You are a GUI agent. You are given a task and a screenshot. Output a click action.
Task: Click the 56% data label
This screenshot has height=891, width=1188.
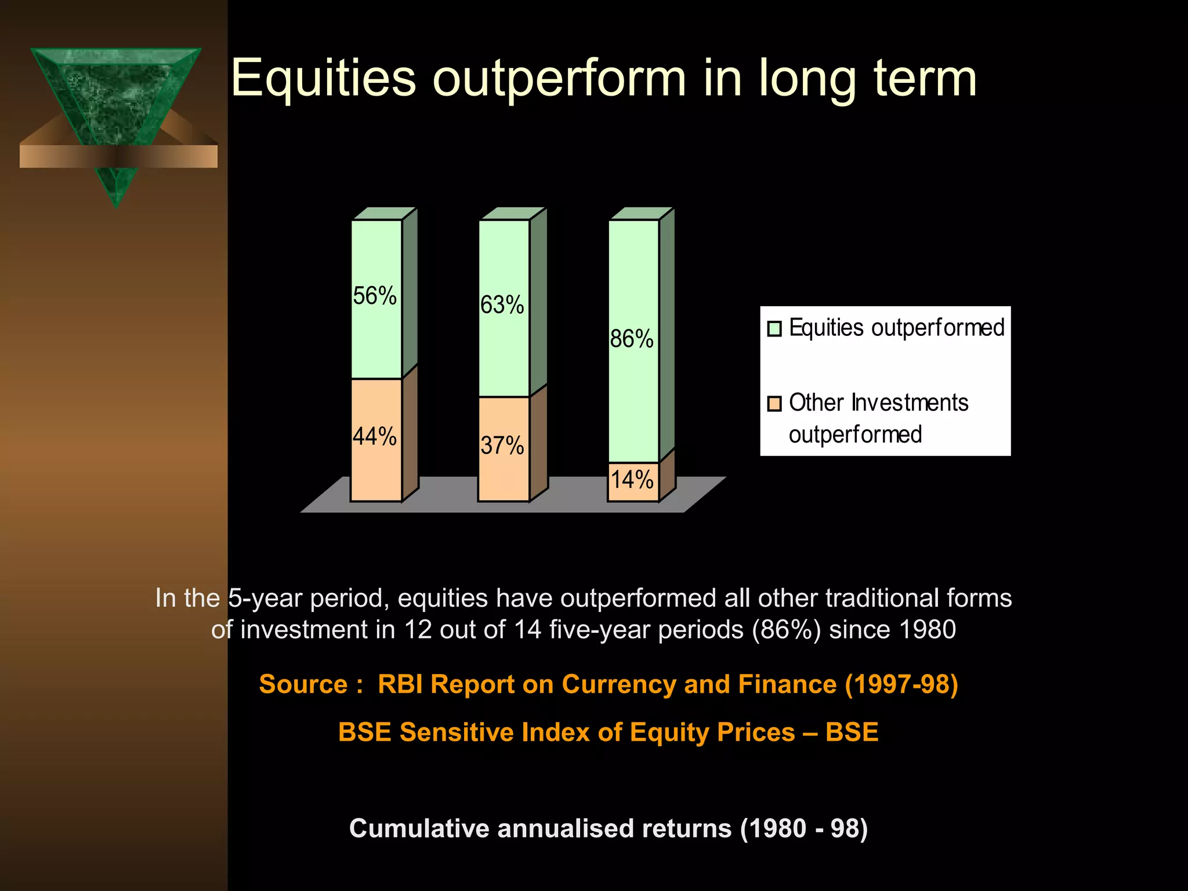(375, 296)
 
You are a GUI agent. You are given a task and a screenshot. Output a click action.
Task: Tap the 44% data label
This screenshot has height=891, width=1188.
(375, 437)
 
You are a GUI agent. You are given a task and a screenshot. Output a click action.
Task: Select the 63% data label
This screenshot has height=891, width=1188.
(502, 305)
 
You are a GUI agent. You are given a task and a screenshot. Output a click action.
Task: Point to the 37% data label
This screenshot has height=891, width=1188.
(502, 446)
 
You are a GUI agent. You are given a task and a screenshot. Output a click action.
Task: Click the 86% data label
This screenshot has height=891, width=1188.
(632, 339)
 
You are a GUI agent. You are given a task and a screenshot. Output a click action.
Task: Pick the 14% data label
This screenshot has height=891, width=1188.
(632, 480)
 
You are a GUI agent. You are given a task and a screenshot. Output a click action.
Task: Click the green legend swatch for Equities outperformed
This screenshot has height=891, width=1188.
(774, 329)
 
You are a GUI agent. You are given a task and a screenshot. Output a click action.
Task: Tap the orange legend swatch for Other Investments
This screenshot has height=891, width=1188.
(774, 404)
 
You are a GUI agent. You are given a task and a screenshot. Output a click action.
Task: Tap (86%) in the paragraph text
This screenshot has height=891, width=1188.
(787, 630)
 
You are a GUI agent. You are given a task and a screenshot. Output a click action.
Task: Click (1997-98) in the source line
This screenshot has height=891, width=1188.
(901, 684)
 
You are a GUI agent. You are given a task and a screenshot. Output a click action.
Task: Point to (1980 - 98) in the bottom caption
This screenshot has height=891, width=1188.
(804, 828)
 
